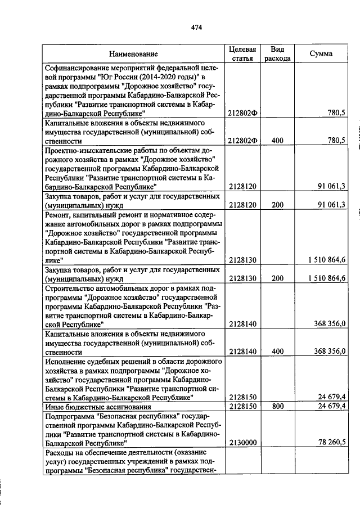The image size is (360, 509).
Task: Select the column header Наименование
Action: tap(133, 54)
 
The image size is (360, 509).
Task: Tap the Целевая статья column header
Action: tap(242, 53)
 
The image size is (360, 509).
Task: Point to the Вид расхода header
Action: tap(277, 53)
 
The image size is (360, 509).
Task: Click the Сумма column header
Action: tap(321, 54)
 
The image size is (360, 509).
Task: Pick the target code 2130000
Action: tap(242, 443)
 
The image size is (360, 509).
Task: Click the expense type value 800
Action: tap(277, 406)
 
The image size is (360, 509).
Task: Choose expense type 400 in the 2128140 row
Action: tap(277, 351)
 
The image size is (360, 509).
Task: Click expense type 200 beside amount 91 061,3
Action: tap(277, 204)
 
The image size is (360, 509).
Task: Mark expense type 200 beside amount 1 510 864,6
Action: tap(277, 277)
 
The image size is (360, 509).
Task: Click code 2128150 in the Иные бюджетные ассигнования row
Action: tap(242, 406)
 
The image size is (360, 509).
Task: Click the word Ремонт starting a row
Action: tap(58, 214)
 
